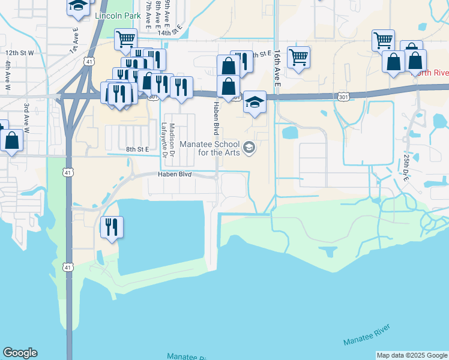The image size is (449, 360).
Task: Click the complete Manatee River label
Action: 367,334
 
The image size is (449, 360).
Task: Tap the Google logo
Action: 20,353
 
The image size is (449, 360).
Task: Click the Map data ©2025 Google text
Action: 412,355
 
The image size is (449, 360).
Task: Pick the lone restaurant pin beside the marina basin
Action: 112,227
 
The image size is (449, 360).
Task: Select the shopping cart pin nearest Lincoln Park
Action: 125,39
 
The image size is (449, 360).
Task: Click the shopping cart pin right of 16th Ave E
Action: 298,58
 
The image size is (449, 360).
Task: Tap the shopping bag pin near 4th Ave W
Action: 12,141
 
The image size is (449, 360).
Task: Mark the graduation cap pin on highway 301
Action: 255,102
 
